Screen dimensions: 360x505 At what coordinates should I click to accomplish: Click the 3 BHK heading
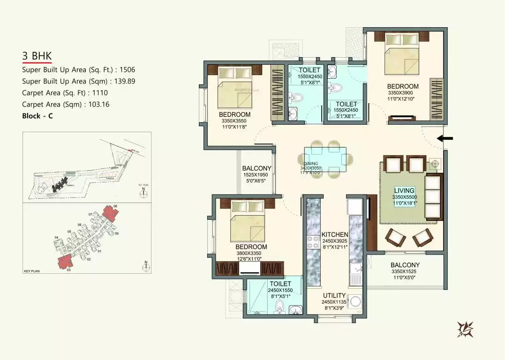coord(37,56)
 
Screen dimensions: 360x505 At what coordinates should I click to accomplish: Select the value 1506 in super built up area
coord(127,69)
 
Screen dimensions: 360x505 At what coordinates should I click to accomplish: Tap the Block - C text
coord(38,116)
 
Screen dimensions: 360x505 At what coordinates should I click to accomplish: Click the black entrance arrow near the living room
coord(445,138)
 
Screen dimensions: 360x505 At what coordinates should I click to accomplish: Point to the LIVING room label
coord(404,190)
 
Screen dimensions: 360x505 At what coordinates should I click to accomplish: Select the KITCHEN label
coord(335,234)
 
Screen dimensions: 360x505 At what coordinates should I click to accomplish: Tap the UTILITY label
coord(334,296)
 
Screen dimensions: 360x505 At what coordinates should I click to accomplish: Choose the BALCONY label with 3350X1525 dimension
coord(405,265)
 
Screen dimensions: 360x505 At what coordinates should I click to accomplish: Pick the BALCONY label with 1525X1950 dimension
coord(256,168)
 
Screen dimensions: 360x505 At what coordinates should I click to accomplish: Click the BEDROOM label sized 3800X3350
coord(251,247)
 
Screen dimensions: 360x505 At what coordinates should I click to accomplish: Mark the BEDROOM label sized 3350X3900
coord(402,86)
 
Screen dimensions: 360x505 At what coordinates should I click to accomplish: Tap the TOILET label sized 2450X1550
coord(280,284)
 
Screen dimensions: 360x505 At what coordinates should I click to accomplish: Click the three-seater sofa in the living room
coord(433,196)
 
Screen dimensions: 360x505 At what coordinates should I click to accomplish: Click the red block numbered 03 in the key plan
coord(65,262)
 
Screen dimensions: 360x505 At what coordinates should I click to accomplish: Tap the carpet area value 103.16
coord(97,105)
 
